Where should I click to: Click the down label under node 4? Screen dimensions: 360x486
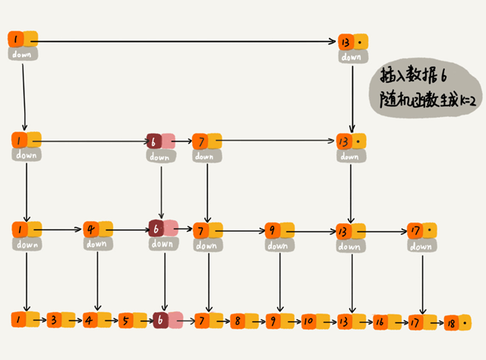click(x=97, y=244)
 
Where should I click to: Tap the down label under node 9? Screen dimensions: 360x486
click(x=277, y=245)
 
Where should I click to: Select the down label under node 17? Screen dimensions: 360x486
click(x=420, y=246)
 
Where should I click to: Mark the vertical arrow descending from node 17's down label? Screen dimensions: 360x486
click(x=421, y=281)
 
